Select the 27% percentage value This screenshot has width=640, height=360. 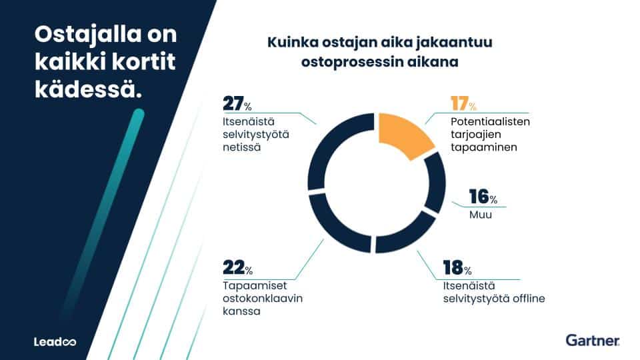point(237,105)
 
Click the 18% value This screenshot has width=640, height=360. point(457,268)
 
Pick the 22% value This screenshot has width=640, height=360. point(237,268)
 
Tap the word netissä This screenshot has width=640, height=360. point(241,148)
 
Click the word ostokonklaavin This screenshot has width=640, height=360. point(263,298)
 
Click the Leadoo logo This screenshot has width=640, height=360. point(55,342)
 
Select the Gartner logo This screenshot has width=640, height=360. point(592,341)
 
